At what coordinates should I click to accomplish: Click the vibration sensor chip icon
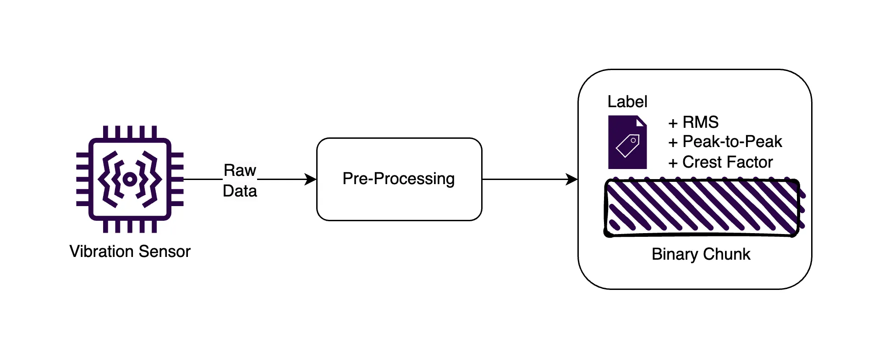click(x=130, y=179)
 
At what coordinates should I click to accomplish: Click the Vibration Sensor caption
click(x=130, y=251)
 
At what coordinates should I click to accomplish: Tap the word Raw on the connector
click(x=240, y=170)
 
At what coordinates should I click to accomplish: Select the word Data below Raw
click(x=240, y=191)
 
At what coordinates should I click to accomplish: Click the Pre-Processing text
click(x=398, y=179)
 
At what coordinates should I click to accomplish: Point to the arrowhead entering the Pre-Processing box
click(x=311, y=180)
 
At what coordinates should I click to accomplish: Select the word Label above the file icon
click(x=627, y=102)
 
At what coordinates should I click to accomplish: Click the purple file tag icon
click(x=627, y=142)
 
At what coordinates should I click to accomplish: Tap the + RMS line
click(x=693, y=122)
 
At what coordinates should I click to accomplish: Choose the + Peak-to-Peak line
click(x=725, y=142)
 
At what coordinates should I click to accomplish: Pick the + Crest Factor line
click(x=720, y=162)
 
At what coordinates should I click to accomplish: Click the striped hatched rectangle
click(x=702, y=207)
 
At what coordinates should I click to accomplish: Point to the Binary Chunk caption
click(x=701, y=254)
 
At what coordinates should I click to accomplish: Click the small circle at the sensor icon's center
click(x=130, y=179)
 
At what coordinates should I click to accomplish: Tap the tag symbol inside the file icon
click(x=628, y=146)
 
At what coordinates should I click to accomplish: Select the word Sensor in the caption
click(x=164, y=251)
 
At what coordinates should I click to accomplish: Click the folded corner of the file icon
click(x=641, y=121)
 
